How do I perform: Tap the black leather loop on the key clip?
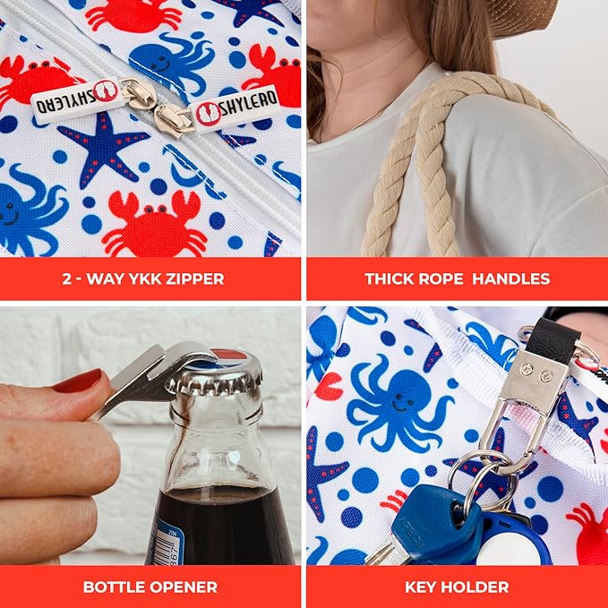click(x=552, y=338)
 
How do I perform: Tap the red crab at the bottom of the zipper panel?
click(x=154, y=226)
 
